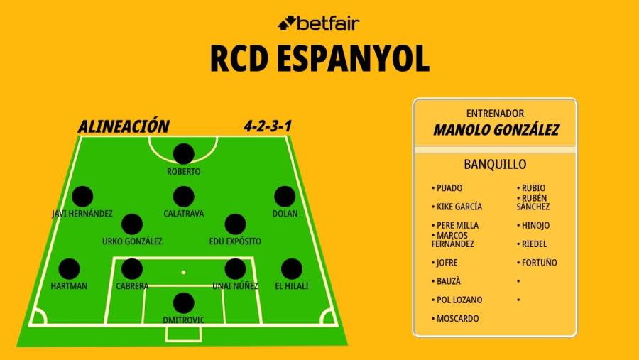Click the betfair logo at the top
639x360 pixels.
click(x=319, y=23)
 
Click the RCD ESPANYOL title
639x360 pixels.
click(x=320, y=59)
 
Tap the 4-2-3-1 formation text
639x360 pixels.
click(x=268, y=126)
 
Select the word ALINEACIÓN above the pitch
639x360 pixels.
click(x=124, y=126)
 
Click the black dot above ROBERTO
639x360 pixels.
click(x=183, y=153)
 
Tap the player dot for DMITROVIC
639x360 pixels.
click(x=183, y=303)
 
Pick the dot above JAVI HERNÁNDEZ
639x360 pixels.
click(x=82, y=197)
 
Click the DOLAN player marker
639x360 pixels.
click(x=285, y=197)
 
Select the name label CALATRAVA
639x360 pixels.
click(x=183, y=214)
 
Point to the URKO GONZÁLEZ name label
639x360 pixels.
click(x=132, y=241)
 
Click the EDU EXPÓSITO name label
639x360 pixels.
click(x=235, y=241)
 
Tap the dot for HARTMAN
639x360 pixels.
click(x=69, y=269)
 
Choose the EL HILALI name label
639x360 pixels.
click(x=291, y=286)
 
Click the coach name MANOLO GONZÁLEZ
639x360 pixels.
click(x=496, y=130)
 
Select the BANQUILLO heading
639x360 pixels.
click(x=495, y=164)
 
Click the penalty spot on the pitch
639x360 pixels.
click(x=183, y=272)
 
